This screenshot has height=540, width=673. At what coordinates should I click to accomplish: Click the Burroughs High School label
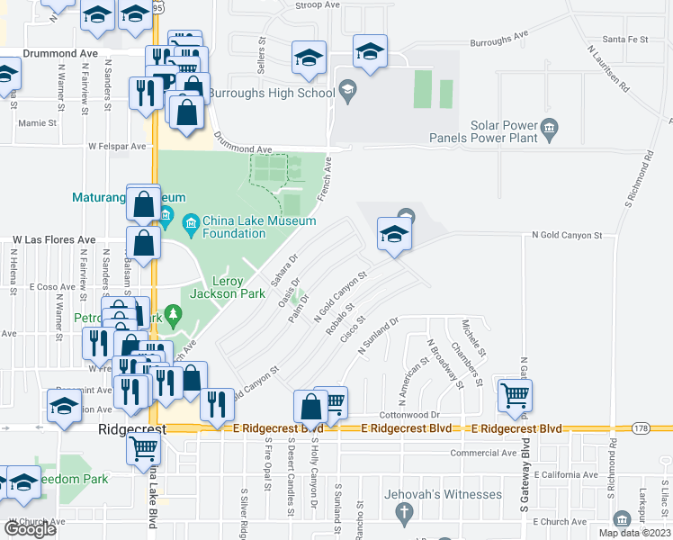(271, 92)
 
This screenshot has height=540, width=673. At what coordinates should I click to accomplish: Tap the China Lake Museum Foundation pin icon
(191, 221)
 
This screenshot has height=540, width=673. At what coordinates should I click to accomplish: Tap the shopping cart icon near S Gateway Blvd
(515, 394)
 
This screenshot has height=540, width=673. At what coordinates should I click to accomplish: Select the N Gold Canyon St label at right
(567, 235)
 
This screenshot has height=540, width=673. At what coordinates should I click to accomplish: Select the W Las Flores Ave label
(54, 240)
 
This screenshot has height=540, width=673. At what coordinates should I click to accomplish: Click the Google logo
(31, 529)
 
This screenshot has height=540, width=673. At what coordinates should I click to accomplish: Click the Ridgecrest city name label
(131, 431)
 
